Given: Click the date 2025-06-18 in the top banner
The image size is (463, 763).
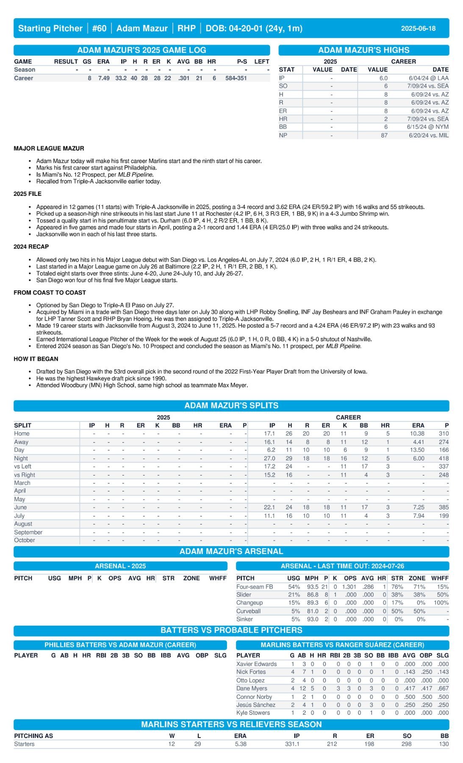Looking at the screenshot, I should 418,28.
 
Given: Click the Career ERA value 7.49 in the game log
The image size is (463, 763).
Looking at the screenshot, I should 104,78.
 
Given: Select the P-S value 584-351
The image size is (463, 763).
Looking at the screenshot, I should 236,78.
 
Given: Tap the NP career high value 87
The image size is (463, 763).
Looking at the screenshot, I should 384,135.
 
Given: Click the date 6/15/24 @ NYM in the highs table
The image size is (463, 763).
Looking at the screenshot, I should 427,127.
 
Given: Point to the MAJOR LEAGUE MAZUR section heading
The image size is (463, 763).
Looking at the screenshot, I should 49,148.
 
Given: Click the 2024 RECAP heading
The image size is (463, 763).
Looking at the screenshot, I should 31,247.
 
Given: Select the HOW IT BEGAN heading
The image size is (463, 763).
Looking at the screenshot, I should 36,359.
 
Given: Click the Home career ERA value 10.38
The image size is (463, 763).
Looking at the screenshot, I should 417,434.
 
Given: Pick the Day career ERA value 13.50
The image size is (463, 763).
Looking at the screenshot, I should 417,450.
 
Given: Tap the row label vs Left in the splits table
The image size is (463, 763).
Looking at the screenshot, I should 22,466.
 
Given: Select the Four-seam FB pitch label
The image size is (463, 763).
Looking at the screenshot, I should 254,587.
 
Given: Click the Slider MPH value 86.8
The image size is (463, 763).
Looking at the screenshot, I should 312,595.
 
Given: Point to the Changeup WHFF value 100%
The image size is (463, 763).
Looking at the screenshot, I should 441,603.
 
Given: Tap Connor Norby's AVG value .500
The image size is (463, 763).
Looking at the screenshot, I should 409,697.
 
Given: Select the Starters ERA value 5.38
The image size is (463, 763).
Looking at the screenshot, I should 241,744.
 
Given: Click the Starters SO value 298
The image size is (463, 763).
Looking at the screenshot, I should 406,744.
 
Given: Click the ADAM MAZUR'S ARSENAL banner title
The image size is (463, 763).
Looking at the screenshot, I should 231,551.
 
